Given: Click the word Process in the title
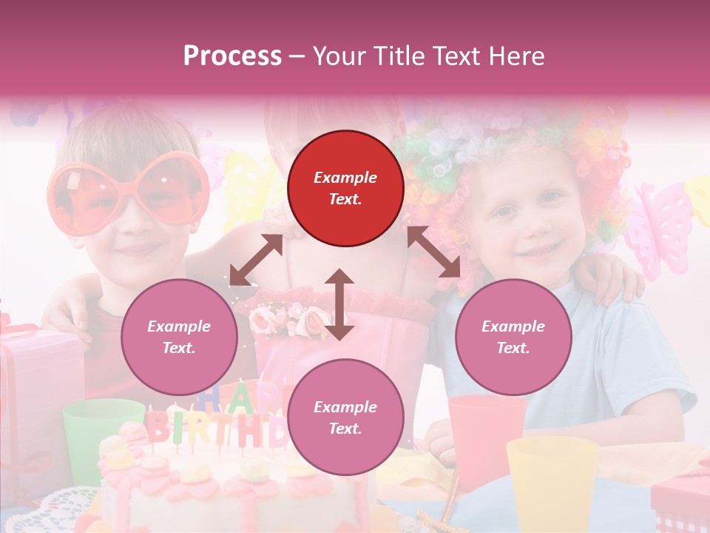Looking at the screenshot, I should (232, 56).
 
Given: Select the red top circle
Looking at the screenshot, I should (345, 188).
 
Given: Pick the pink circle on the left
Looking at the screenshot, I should (179, 337).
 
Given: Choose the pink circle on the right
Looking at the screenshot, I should (513, 337).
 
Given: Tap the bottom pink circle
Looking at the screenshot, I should (345, 418).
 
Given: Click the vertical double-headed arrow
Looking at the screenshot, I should (339, 304).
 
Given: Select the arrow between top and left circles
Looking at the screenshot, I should (256, 260).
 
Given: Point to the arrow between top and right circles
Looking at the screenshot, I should (434, 252).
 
